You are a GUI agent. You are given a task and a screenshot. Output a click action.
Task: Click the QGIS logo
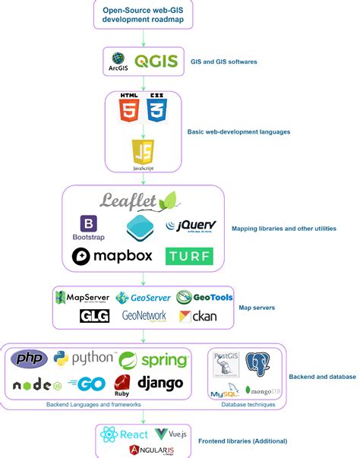point(156,61)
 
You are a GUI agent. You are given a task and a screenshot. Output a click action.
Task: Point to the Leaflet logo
point(141,201)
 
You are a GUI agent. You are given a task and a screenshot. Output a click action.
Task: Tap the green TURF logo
point(189,256)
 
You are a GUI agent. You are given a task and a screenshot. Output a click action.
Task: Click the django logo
point(160,384)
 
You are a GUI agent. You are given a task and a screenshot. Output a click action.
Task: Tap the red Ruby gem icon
point(122,384)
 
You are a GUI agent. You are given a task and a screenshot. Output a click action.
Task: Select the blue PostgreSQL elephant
point(257,362)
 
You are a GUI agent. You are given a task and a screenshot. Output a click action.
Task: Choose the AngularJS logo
point(150,451)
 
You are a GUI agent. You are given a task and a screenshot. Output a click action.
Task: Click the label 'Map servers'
point(258,308)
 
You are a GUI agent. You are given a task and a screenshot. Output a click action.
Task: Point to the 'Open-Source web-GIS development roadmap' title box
point(142,14)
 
